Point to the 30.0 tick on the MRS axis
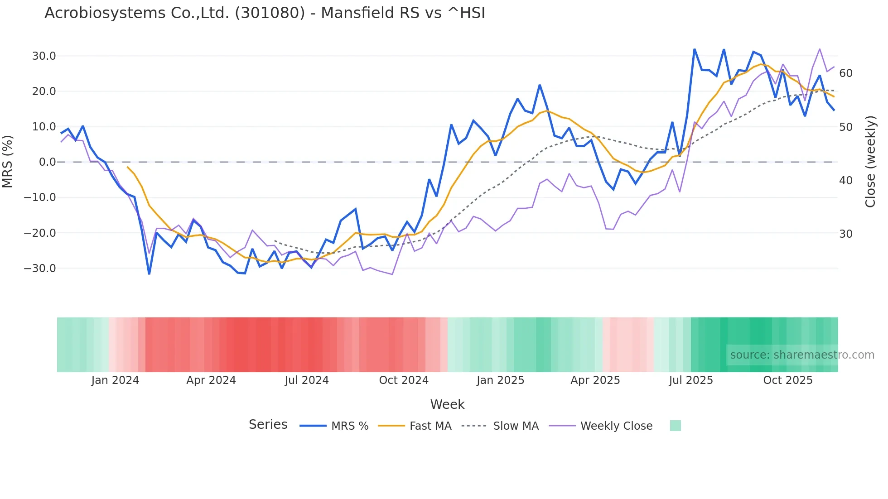click(44, 56)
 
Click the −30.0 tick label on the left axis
click(40, 269)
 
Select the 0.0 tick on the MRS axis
click(48, 162)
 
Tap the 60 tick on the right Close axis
click(846, 73)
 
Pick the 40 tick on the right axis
click(846, 181)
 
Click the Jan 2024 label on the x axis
click(115, 380)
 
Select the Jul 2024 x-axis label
click(307, 380)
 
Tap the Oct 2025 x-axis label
click(788, 380)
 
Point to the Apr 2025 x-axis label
click(595, 380)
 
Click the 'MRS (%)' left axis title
click(8, 162)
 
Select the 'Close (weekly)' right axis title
click(870, 162)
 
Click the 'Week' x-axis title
click(447, 404)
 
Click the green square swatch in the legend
click(675, 426)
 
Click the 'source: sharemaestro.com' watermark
click(802, 355)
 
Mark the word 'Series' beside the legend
click(268, 425)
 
